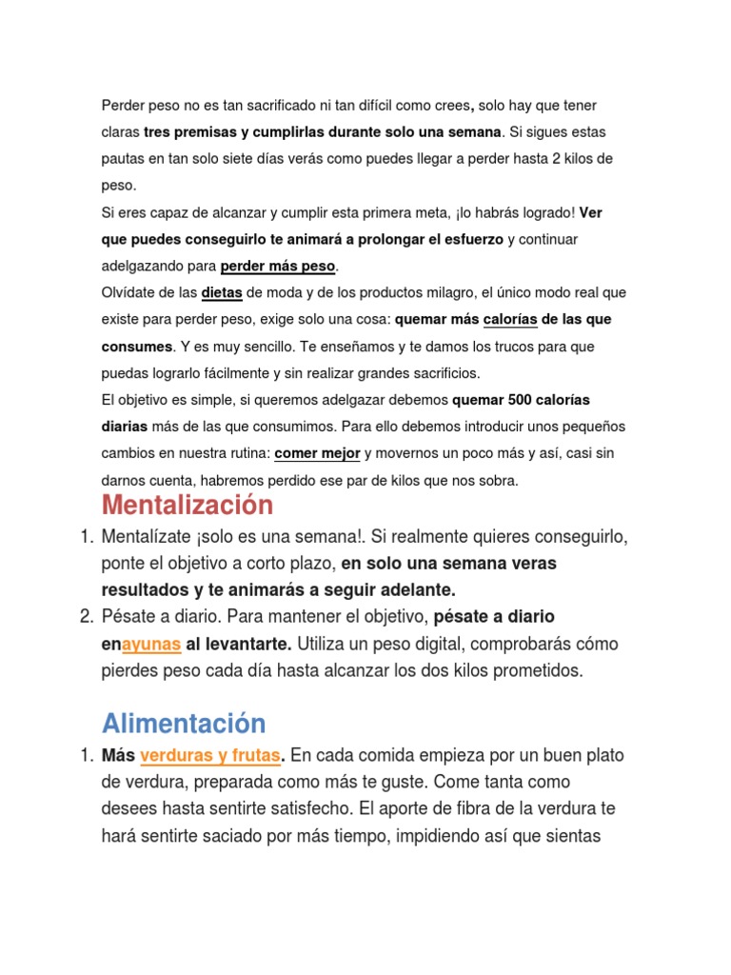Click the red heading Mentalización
click(x=187, y=505)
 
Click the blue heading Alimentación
click(x=184, y=723)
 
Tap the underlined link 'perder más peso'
click(x=278, y=266)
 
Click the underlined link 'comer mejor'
click(x=317, y=454)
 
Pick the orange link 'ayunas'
click(x=151, y=644)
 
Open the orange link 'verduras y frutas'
click(x=210, y=756)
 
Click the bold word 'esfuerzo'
click(x=466, y=239)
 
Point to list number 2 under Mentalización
click(x=86, y=617)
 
